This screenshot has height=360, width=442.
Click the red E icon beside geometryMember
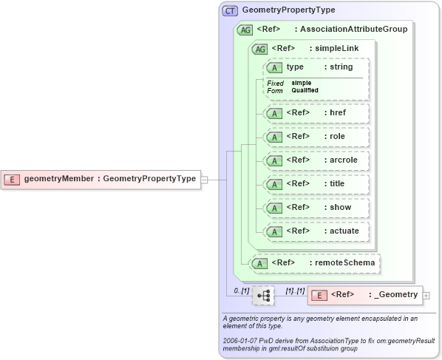13,179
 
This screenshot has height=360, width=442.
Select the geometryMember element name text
58,179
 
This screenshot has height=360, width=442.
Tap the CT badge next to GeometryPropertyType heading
230,10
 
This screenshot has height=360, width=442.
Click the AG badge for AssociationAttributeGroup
245,30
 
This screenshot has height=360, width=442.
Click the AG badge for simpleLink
260,49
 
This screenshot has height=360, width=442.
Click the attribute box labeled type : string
316,67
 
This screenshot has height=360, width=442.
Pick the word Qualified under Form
305,90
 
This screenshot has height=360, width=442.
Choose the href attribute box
316,113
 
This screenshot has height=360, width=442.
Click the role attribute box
316,137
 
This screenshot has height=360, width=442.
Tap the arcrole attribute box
316,160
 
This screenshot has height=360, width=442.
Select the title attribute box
316,184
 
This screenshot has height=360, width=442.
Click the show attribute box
316,208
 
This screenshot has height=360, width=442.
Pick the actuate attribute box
316,231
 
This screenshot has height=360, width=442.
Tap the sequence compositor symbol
262,295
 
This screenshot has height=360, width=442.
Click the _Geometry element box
364,295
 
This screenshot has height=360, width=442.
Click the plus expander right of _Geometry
426,296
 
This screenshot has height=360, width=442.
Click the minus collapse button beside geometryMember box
205,179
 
